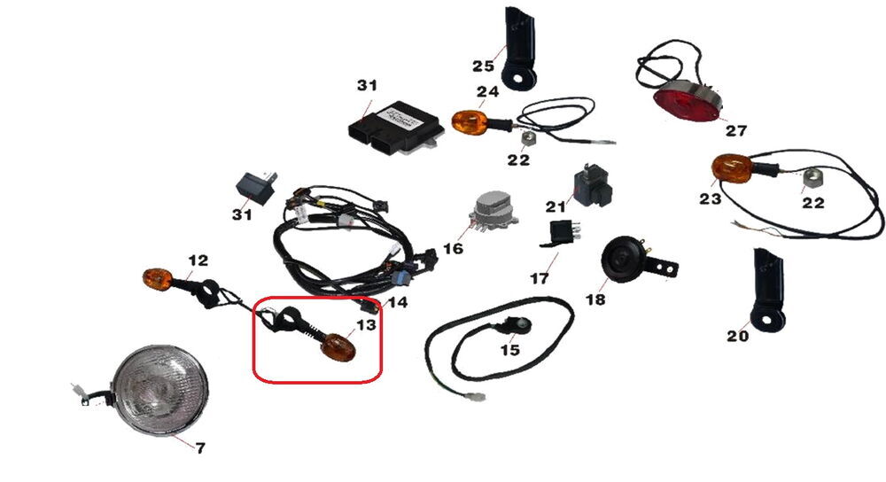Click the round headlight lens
(x=161, y=391)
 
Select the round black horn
(x=622, y=260)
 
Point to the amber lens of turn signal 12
(x=157, y=279)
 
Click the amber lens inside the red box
(x=338, y=347)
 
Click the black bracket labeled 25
(x=518, y=48)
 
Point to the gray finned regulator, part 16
(x=492, y=212)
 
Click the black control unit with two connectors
(x=394, y=126)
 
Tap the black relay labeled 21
(x=592, y=185)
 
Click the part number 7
(x=200, y=447)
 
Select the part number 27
(x=735, y=130)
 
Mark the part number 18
(x=595, y=299)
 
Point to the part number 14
(x=398, y=302)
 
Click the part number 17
(x=539, y=278)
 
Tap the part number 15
(x=509, y=350)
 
